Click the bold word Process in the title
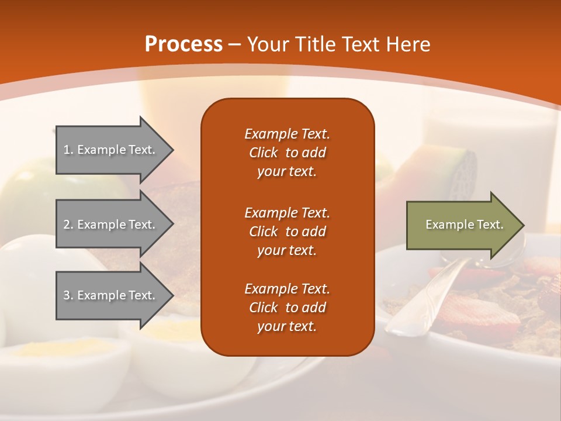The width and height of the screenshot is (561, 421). pos(183,44)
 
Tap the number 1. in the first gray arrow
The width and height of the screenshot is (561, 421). pos(68,150)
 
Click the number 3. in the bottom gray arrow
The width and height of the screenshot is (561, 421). pos(68,295)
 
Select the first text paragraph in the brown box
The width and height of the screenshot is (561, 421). pos(287,153)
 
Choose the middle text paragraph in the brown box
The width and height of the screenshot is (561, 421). pos(287,232)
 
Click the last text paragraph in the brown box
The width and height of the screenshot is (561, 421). pos(287,308)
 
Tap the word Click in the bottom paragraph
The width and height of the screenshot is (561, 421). pos(263,308)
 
